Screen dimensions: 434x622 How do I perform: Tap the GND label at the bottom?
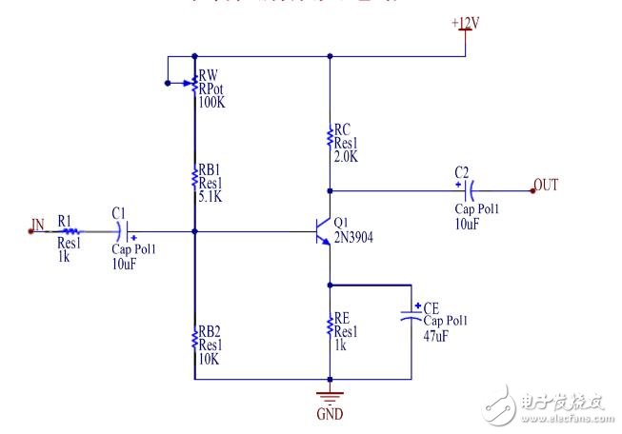coord(330,414)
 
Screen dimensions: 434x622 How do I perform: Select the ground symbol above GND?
coord(330,395)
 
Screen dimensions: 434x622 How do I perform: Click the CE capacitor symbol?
coord(411,314)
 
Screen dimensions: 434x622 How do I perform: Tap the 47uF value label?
coord(436,336)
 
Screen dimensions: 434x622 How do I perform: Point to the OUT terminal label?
coord(546,185)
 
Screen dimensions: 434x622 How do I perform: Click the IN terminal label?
coord(37,226)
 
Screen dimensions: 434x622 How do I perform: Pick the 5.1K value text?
coord(211,198)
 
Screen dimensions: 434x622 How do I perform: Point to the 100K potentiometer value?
coord(211,101)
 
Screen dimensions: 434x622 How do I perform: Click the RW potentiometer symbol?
coord(193,84)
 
